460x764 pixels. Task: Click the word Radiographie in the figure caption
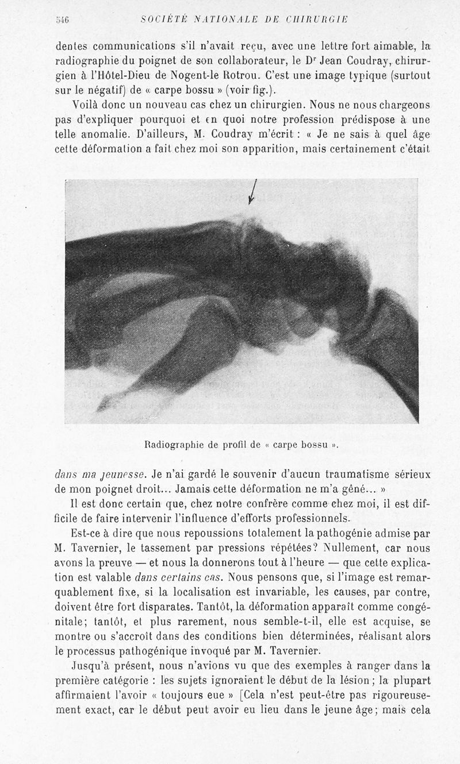point(171,443)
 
